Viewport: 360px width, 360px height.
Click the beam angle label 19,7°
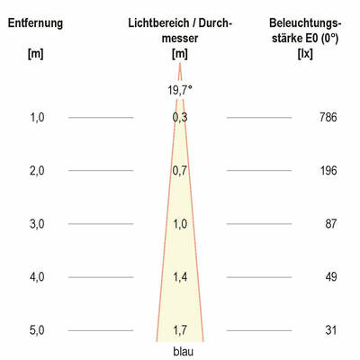180,89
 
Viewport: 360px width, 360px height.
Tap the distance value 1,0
37,117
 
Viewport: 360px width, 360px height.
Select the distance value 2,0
37,170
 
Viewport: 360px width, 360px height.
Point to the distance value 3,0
37,223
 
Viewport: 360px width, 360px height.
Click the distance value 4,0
37,277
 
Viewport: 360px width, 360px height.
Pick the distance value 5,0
37,330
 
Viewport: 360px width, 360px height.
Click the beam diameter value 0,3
180,117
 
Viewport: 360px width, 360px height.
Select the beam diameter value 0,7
180,170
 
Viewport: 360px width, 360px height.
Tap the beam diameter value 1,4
180,277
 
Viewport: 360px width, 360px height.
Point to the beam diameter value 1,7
180,330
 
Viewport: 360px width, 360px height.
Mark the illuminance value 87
330,223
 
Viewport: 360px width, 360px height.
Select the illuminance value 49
330,277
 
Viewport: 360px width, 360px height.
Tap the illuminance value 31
330,330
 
